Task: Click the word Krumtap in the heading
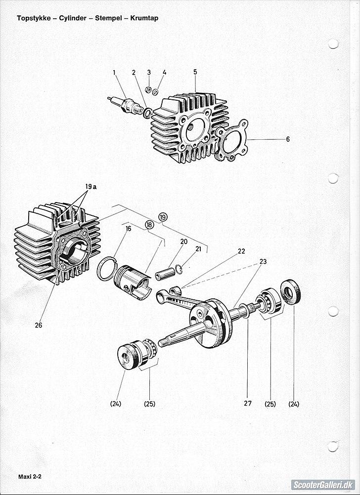coord(144,18)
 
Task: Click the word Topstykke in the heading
coord(34,18)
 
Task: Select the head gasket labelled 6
coord(232,140)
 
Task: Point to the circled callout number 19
coord(163,217)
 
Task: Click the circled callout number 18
coord(149,224)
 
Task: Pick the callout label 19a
coord(90,187)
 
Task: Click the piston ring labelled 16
coord(107,269)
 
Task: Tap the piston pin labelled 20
coord(165,273)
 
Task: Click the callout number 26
coord(38,325)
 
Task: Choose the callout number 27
coord(248,404)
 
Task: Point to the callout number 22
coord(241,251)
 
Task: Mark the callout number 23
coord(263,261)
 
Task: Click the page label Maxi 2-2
coord(30,477)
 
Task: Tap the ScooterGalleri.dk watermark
coord(323,485)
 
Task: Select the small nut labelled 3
coord(147,90)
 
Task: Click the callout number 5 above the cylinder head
coord(195,72)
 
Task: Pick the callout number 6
coord(288,139)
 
